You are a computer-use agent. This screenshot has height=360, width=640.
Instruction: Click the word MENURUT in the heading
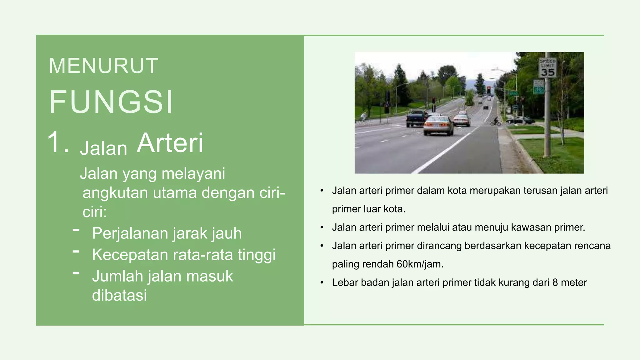click(103, 66)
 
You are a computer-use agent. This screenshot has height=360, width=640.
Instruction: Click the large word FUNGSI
click(111, 102)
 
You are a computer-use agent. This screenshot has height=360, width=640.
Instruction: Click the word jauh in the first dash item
click(227, 233)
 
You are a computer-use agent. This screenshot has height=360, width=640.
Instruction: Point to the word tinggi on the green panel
click(257, 255)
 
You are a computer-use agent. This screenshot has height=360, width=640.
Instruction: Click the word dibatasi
click(119, 295)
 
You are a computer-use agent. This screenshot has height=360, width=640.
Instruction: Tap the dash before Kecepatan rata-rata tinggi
click(76, 251)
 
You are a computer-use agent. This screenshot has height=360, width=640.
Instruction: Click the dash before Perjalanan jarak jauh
click(76, 230)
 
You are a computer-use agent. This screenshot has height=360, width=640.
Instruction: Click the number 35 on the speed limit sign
click(547, 72)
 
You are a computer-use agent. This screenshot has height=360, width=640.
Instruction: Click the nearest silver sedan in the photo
click(438, 126)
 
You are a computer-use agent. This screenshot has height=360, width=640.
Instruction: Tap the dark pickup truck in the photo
click(416, 118)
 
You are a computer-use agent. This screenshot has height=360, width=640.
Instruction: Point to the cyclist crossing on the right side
click(496, 121)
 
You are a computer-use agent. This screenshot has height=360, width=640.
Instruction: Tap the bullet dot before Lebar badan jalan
click(322, 283)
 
